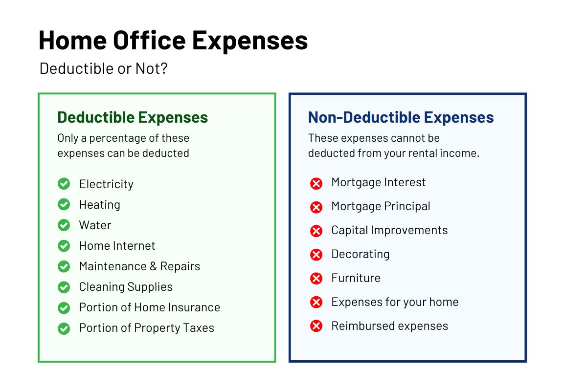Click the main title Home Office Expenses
[x=173, y=41]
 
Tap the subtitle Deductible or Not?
[x=104, y=68]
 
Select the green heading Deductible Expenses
[x=133, y=117]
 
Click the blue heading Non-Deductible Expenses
[x=401, y=117]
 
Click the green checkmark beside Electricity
[x=64, y=184]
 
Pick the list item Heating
[x=100, y=204]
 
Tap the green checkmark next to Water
[x=64, y=225]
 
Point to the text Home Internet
[x=117, y=246]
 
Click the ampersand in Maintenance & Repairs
[x=154, y=266]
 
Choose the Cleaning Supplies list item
[x=126, y=287]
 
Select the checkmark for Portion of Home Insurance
[x=64, y=308]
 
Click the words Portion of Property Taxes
[x=147, y=328]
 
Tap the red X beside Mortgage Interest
[x=316, y=183]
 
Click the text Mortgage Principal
[x=381, y=206]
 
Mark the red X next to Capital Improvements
[x=316, y=231]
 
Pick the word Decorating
[x=361, y=254]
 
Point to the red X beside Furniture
[x=316, y=279]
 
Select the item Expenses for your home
[x=395, y=302]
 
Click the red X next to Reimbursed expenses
[x=316, y=326]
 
